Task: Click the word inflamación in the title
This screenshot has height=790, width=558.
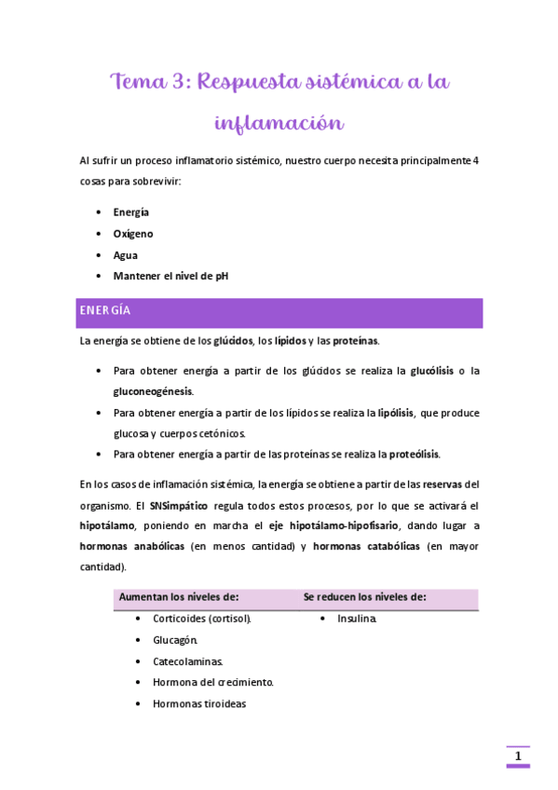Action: coord(279,123)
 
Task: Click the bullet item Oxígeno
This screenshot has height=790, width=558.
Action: coord(133,234)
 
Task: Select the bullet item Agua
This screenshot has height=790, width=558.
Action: coord(126,254)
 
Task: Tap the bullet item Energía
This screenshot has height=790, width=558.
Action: coord(131,212)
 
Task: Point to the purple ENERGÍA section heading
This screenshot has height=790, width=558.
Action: coord(105,310)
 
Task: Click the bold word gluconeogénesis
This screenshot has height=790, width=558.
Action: coord(153,391)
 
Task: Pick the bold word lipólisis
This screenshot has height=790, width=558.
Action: coord(396,413)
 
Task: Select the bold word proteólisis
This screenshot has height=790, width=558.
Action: coord(414,455)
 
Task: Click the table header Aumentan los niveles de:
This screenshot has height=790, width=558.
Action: coord(179,596)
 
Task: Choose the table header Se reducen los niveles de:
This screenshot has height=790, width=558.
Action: coord(364,596)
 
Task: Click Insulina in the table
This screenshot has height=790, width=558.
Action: coord(357,618)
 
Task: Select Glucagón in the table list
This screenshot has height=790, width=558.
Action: coord(175,640)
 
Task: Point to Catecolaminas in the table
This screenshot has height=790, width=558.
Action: coord(188,661)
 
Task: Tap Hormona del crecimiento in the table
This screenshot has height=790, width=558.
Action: coord(212,682)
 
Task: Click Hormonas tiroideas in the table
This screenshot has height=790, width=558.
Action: coord(199,703)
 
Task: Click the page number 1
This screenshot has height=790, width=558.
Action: coord(518,756)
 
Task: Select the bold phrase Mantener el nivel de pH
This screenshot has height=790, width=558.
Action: coord(170,276)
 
